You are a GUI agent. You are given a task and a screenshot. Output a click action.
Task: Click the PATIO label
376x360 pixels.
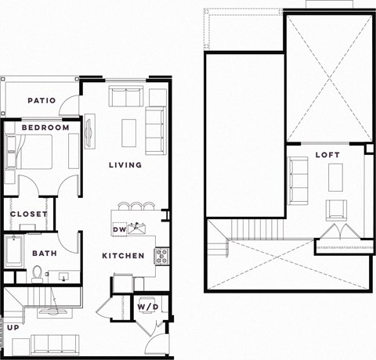(x=41, y=100)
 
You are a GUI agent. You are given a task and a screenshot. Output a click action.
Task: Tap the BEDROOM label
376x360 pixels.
(x=45, y=128)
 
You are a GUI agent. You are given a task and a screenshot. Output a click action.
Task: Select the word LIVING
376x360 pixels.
(x=125, y=165)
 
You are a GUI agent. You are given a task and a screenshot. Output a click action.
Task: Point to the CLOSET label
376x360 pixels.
(x=29, y=214)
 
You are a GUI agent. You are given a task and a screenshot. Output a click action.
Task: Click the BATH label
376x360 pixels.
(x=44, y=254)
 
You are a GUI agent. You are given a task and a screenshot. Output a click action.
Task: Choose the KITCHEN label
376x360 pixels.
(x=123, y=256)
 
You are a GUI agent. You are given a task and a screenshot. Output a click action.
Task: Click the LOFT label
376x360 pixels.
(x=327, y=155)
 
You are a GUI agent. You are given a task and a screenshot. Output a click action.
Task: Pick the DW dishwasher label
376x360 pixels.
(x=119, y=229)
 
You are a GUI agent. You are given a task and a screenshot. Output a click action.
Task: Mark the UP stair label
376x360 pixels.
(x=13, y=326)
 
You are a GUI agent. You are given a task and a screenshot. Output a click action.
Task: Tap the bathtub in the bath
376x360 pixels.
(x=15, y=254)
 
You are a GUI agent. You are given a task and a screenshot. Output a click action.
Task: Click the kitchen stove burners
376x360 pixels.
(x=162, y=254)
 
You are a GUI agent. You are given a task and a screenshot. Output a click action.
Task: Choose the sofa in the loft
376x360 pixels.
(x=298, y=180)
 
